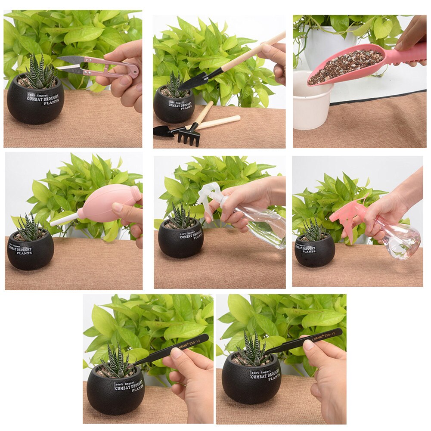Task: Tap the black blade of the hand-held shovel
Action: pos(193,82)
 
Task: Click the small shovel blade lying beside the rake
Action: pos(162,131)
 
